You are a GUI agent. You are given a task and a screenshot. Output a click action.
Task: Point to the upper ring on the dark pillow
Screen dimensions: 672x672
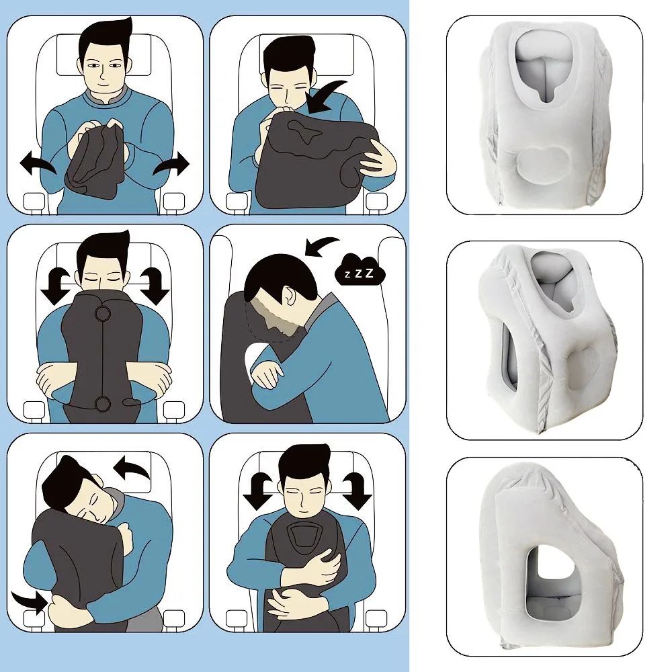103,314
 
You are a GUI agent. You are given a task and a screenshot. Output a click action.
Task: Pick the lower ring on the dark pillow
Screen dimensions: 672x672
103,403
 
